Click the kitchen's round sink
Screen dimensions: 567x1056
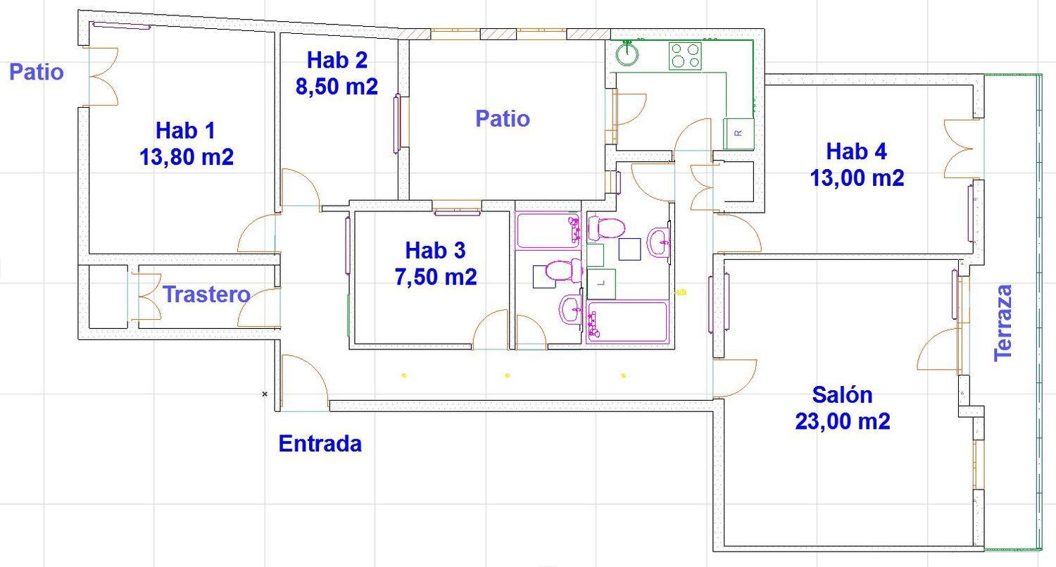coord(626,54)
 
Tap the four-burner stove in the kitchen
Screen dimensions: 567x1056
coord(685,56)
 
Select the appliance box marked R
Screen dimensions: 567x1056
coord(738,133)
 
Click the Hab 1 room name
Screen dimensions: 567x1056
coord(186,130)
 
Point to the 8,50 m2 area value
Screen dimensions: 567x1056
coord(337,86)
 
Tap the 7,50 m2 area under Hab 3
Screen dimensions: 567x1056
coord(436,277)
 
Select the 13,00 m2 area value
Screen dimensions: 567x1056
coord(857,178)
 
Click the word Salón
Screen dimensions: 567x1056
coord(842,394)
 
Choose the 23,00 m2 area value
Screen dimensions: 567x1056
coord(842,421)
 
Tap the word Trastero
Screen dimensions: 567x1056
coord(206,294)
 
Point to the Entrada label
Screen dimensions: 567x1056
coord(320,444)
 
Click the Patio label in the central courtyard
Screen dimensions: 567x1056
coord(503,118)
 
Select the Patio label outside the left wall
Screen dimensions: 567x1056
coord(37,72)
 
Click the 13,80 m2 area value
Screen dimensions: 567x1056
coord(187,156)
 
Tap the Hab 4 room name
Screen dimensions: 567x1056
coord(856,151)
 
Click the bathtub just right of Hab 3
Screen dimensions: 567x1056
coord(549,230)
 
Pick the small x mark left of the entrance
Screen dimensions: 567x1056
coord(265,394)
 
